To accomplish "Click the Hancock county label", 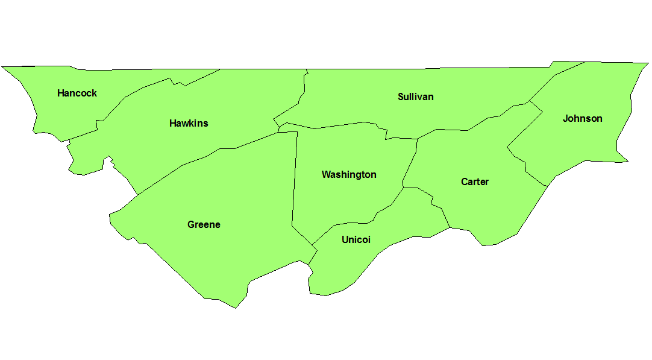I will point(77,93).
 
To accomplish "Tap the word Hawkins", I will point(189,123).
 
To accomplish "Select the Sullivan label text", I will point(415,96).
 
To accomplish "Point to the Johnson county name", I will point(582,118).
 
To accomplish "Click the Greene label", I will point(204,224).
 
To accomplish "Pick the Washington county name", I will point(349,174).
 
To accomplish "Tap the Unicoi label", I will point(356,239).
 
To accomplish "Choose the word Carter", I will point(475,182).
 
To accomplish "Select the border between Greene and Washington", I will point(295,181).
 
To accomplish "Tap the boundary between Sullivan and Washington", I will point(337,125).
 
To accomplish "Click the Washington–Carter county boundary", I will point(410,163).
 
